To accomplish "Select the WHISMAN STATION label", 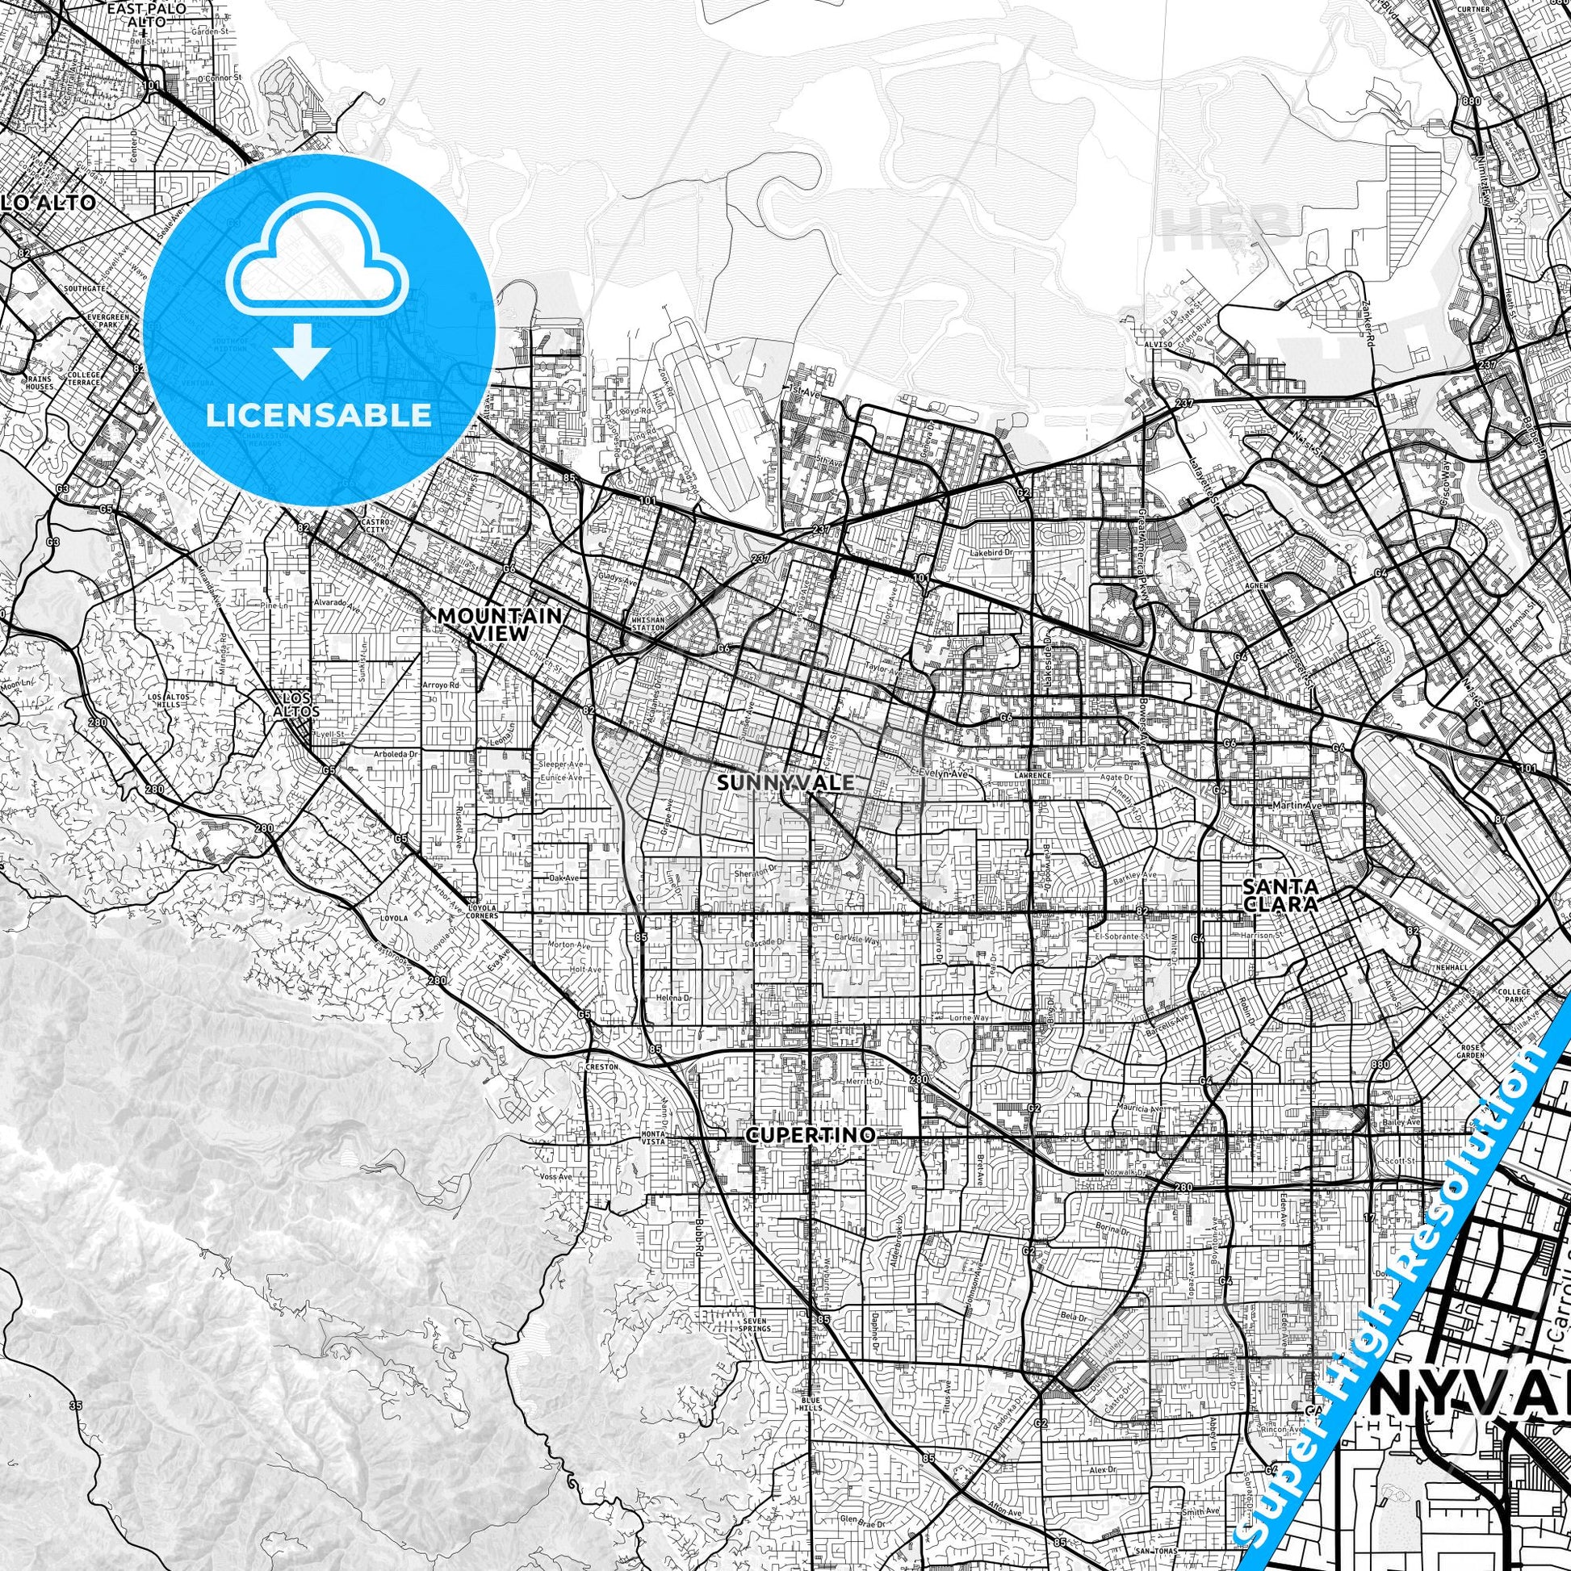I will [x=648, y=624].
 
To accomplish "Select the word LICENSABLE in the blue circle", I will [x=319, y=415].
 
